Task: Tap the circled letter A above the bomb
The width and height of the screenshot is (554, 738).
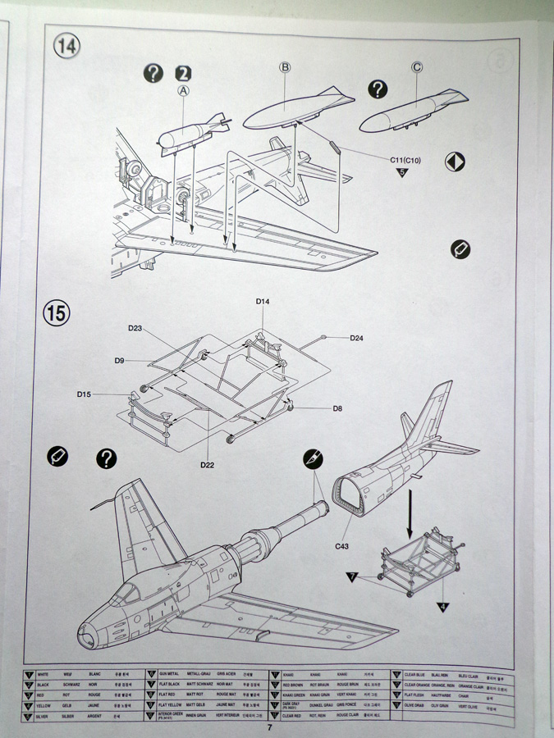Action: tap(183, 92)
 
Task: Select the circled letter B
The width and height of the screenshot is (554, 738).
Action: tap(285, 68)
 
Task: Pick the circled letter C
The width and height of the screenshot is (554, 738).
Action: tap(417, 67)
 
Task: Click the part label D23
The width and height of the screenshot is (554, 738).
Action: tap(136, 328)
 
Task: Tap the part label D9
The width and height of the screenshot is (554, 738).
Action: tap(120, 360)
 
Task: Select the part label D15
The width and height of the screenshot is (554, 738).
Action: tap(85, 394)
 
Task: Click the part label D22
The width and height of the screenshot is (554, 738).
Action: tap(208, 465)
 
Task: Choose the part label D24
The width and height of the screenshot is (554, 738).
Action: tap(357, 338)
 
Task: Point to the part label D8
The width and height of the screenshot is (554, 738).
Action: tap(337, 408)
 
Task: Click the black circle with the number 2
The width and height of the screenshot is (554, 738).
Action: tap(183, 73)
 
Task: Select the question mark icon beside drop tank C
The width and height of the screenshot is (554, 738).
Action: tap(377, 89)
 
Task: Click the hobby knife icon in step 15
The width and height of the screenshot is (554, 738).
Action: tap(312, 459)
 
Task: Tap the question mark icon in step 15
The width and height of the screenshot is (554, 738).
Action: tap(106, 458)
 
